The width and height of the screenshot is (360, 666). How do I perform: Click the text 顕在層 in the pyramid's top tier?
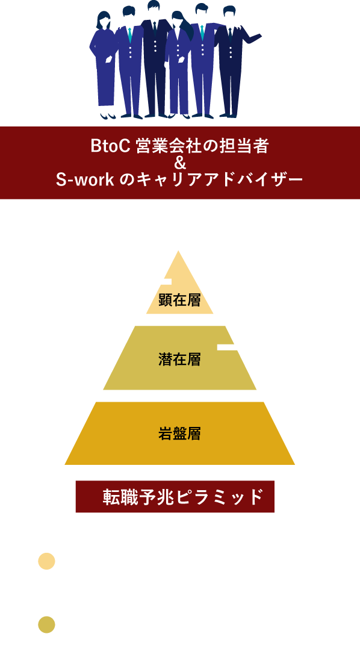[179, 300]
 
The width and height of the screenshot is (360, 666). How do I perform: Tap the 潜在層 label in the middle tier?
[179, 359]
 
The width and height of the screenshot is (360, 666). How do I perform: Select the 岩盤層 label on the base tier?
[179, 434]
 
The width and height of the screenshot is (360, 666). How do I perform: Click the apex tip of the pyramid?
[178, 251]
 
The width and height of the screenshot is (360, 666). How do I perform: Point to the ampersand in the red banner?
[180, 164]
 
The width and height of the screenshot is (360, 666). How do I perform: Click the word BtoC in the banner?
[111, 146]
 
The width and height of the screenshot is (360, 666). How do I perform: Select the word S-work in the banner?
[85, 180]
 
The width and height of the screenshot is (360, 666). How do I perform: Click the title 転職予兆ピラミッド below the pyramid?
[183, 497]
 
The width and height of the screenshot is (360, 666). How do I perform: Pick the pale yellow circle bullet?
[47, 561]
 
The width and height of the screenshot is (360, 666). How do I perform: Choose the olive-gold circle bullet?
[47, 625]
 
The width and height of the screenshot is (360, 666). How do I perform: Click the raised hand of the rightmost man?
[257, 36]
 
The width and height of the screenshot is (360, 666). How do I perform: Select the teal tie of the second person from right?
[202, 33]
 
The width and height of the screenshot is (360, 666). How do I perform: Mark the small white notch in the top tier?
[166, 282]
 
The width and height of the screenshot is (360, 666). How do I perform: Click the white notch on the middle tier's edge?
[227, 347]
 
